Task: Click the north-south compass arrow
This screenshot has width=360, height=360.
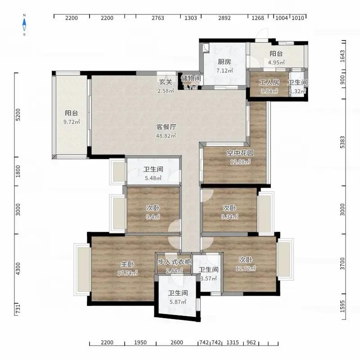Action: [x=24, y=25]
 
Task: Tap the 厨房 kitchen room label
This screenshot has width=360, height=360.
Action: [x=224, y=62]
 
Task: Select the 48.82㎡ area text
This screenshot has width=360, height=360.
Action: [x=166, y=136]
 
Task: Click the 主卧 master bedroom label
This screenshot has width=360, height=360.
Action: [x=127, y=264]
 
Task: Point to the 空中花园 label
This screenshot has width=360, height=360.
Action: [x=240, y=153]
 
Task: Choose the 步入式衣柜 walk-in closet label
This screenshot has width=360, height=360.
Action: [x=174, y=262]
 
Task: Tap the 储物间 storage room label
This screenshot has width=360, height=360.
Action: [x=191, y=78]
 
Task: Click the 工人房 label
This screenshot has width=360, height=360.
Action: [x=269, y=82]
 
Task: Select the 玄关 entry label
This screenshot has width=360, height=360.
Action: [x=166, y=82]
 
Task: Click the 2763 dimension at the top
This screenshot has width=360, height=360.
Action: [x=158, y=18]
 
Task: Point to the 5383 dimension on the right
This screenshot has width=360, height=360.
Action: [x=342, y=142]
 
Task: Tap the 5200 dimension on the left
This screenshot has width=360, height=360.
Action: [x=18, y=115]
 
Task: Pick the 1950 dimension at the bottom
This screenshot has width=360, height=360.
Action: [x=140, y=342]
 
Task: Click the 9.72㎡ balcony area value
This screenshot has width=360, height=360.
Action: [x=72, y=122]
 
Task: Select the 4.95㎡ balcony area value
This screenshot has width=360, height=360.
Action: [x=276, y=63]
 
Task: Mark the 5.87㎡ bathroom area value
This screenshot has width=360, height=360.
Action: [x=178, y=302]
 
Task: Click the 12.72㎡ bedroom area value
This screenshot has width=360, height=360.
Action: [x=246, y=268]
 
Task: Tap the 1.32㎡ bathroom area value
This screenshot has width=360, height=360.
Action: [x=297, y=91]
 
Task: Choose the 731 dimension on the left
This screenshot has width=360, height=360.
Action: [x=18, y=309]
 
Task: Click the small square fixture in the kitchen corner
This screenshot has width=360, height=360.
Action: [x=207, y=48]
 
